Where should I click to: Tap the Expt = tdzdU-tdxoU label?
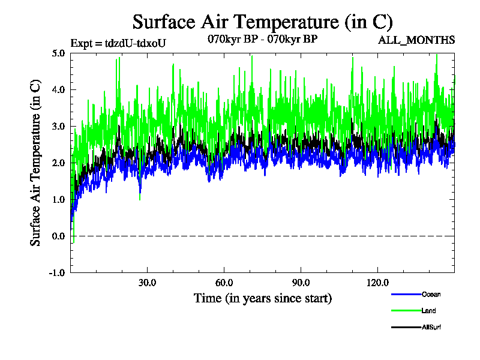pyautogui.click(x=118, y=43)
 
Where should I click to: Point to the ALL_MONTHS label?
pyautogui.click(x=416, y=40)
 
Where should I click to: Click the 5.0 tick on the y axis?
pyautogui.click(x=58, y=53)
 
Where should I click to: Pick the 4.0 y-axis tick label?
pyautogui.click(x=58, y=89)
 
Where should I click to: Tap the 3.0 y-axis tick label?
pyautogui.click(x=58, y=126)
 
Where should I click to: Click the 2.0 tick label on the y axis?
pyautogui.click(x=58, y=163)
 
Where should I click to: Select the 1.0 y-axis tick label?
pyautogui.click(x=58, y=199)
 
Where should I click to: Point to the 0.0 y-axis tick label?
pyautogui.click(x=58, y=236)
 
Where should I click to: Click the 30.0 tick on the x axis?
pyautogui.click(x=147, y=283)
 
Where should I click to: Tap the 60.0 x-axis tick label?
pyautogui.click(x=224, y=283)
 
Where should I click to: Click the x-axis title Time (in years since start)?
pyautogui.click(x=262, y=298)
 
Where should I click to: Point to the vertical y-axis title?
pyautogui.click(x=36, y=162)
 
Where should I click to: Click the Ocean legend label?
pyautogui.click(x=431, y=294)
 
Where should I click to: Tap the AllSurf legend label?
pyautogui.click(x=432, y=327)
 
